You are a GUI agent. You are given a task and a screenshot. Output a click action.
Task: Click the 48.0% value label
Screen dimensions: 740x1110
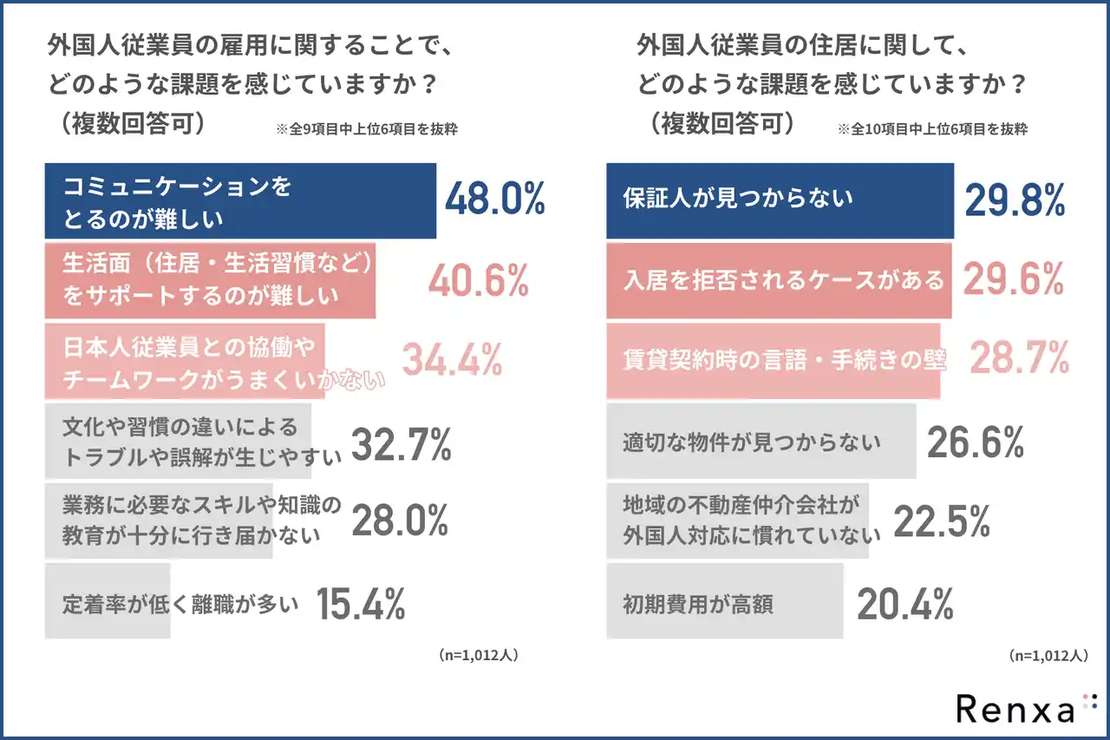(x=494, y=200)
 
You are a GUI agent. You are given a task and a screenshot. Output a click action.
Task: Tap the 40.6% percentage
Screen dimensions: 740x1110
(x=479, y=280)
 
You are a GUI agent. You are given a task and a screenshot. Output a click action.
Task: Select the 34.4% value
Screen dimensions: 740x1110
(x=452, y=360)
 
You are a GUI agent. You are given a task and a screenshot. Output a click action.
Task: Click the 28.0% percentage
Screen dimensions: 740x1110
(x=399, y=521)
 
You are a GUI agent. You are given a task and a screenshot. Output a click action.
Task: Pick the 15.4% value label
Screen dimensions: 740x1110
(x=360, y=605)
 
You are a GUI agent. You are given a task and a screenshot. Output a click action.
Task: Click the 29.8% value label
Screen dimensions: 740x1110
(x=1015, y=200)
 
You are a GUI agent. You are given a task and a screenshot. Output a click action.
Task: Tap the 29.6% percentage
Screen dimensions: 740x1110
(x=1013, y=280)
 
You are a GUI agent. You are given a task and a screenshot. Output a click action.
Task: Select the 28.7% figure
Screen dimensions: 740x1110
(x=1018, y=357)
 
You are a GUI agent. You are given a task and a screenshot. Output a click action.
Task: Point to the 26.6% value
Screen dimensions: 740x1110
(x=976, y=442)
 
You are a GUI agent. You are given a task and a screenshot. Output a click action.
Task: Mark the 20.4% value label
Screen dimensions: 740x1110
(x=905, y=605)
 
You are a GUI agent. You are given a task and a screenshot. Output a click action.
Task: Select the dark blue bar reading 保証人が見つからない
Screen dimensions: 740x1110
(x=780, y=200)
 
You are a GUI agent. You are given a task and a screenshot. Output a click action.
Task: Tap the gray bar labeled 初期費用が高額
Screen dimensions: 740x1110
(x=724, y=601)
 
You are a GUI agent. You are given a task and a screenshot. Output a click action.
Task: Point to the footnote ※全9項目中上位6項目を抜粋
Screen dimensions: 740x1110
(x=367, y=129)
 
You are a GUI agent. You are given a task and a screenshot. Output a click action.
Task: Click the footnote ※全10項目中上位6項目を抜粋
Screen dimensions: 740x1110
(x=932, y=129)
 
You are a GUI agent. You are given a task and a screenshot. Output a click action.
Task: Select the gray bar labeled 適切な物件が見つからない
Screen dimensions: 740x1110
(x=761, y=442)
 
